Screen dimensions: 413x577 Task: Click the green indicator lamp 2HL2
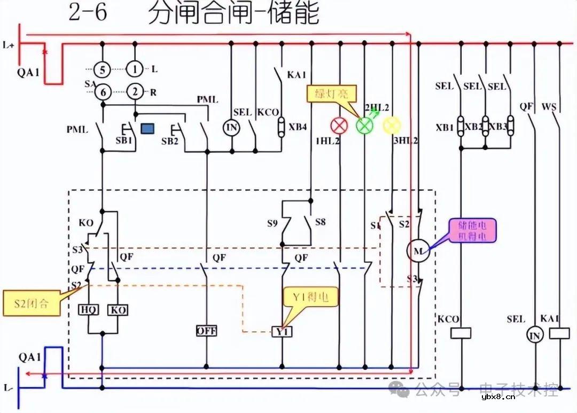coord(364,126)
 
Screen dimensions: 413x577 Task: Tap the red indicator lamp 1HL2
coord(338,126)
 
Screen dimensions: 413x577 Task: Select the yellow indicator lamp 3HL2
coord(391,125)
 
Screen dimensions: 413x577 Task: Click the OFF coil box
coord(206,331)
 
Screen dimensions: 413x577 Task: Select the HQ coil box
coord(88,310)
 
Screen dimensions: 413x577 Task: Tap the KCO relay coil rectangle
coord(461,333)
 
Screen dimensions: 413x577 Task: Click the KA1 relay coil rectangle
coord(559,333)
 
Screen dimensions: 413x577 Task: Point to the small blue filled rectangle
coord(148,128)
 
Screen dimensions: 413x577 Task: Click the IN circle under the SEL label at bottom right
coord(534,335)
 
